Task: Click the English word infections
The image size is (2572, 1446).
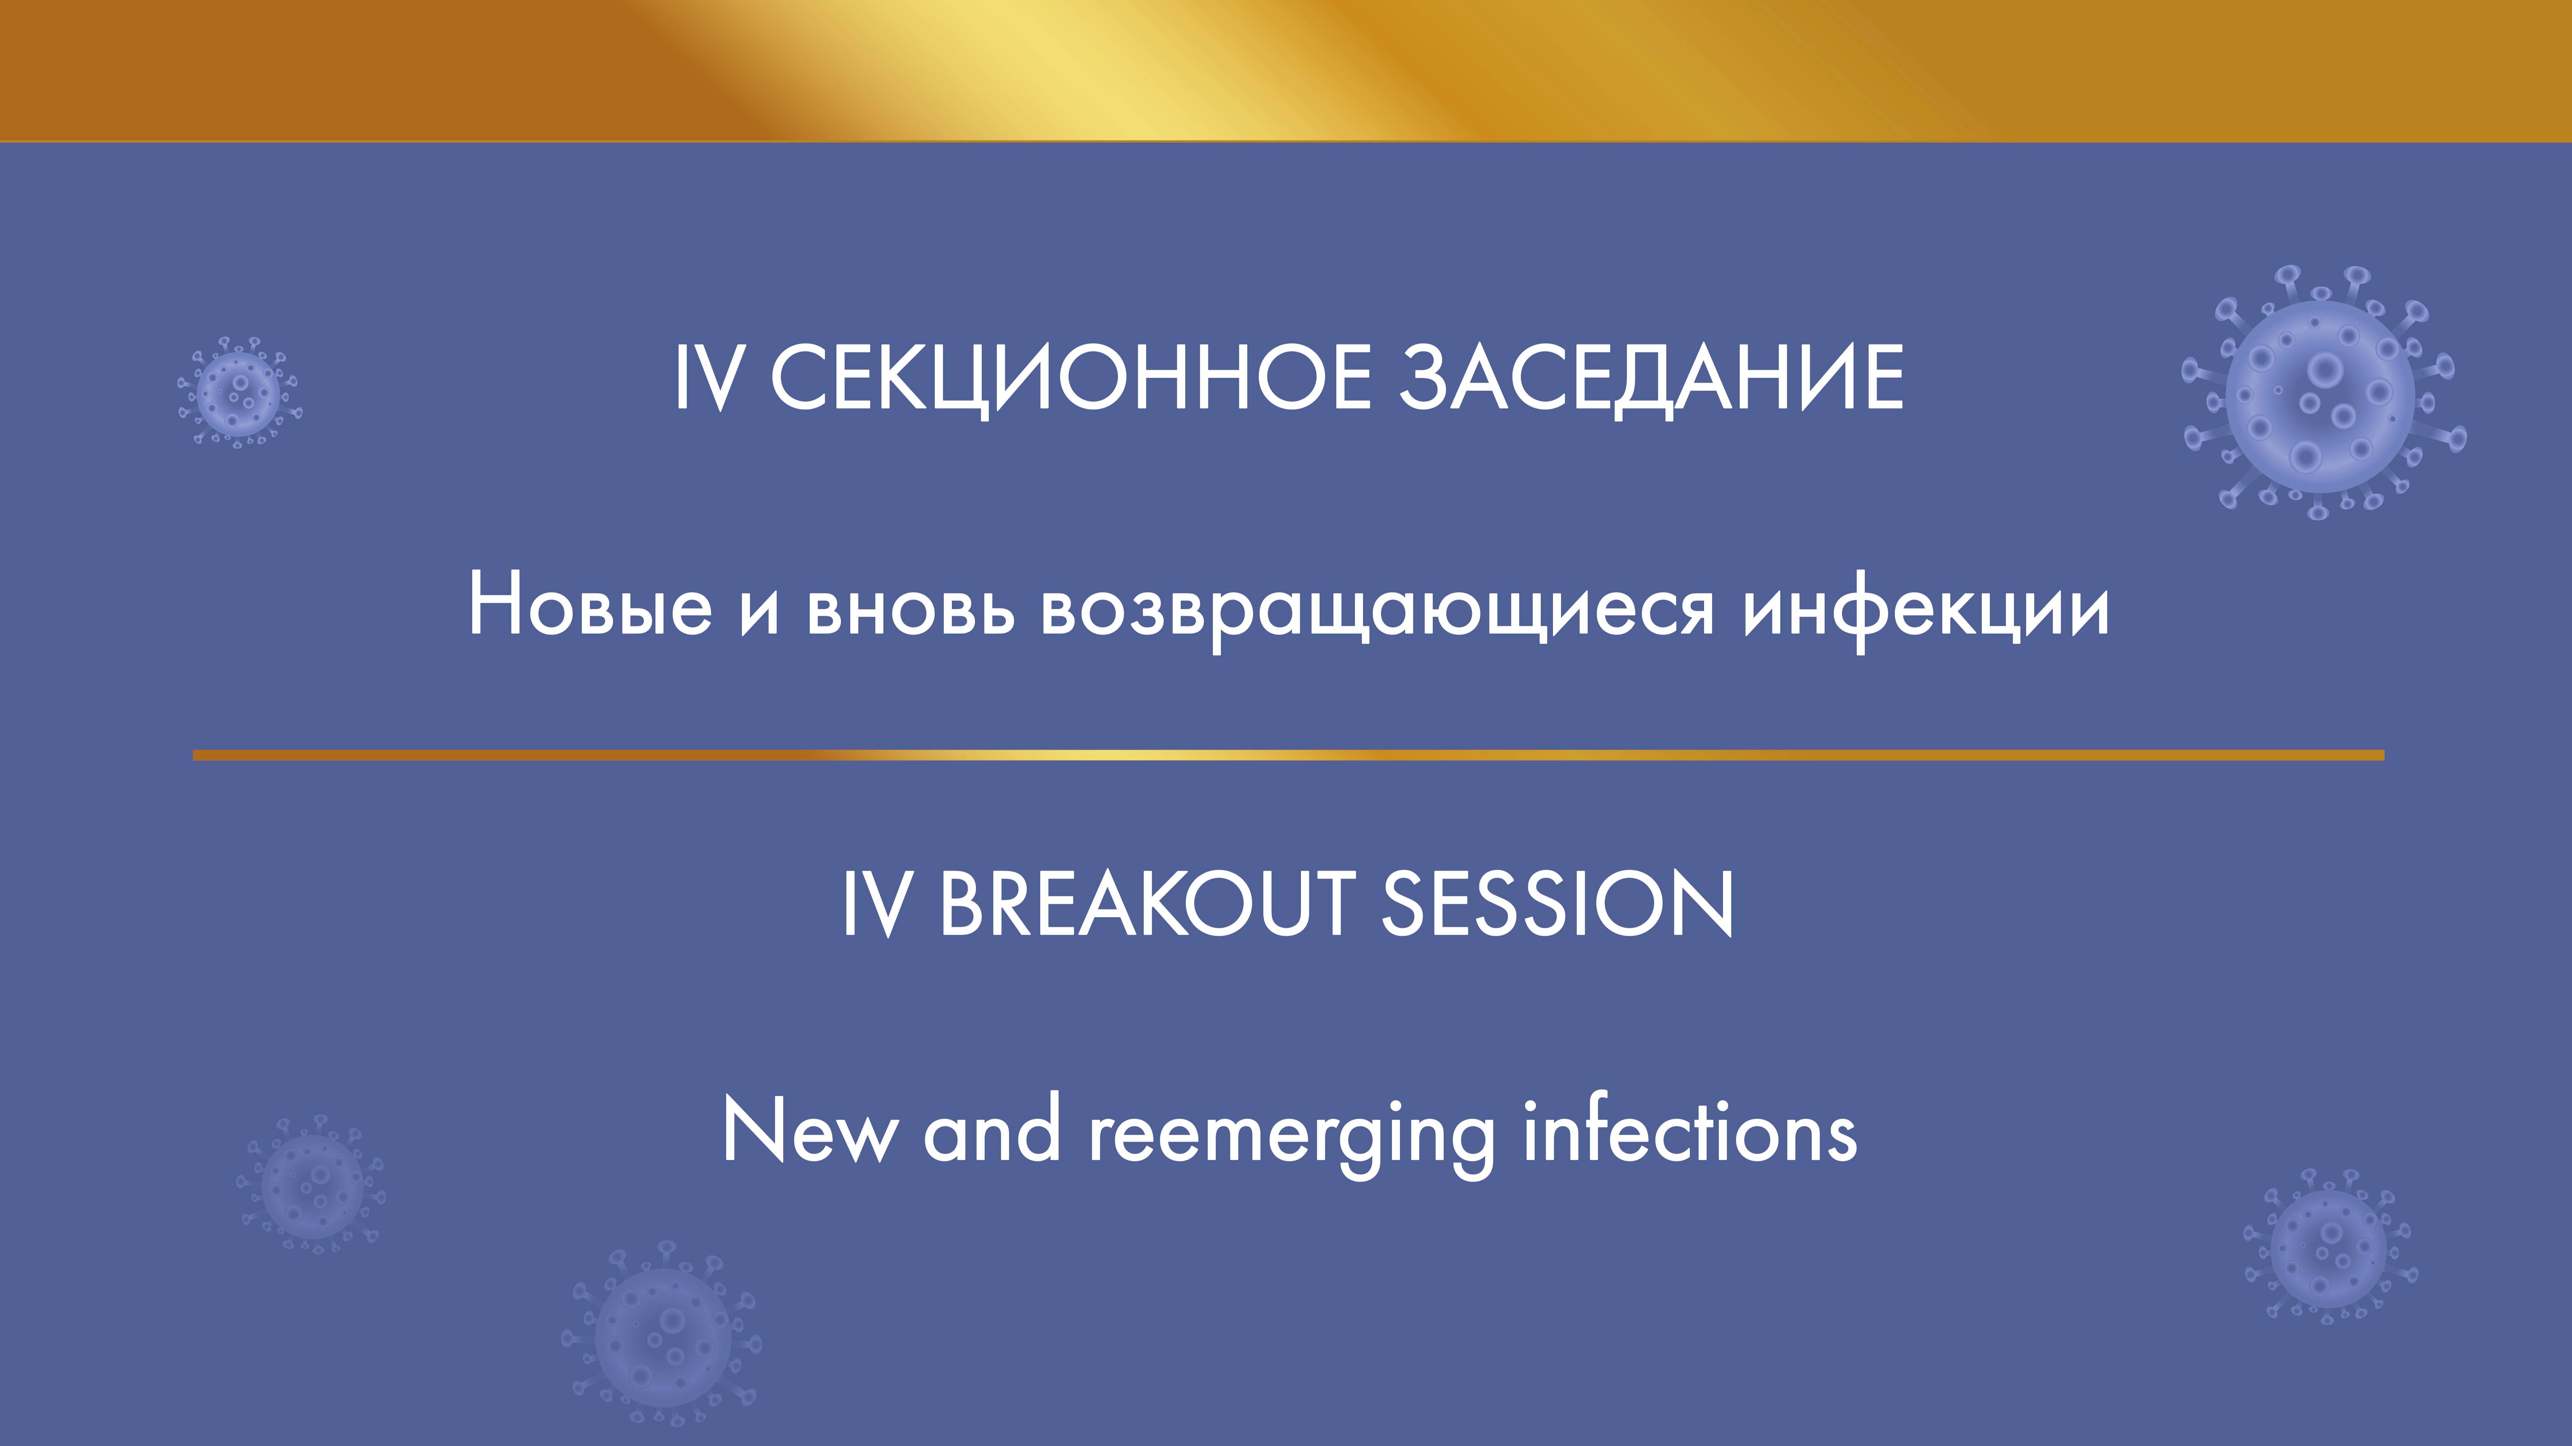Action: click(x=1689, y=1131)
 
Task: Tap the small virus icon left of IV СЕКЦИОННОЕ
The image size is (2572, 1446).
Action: click(x=239, y=391)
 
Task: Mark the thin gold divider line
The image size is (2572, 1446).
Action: click(x=1288, y=755)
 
